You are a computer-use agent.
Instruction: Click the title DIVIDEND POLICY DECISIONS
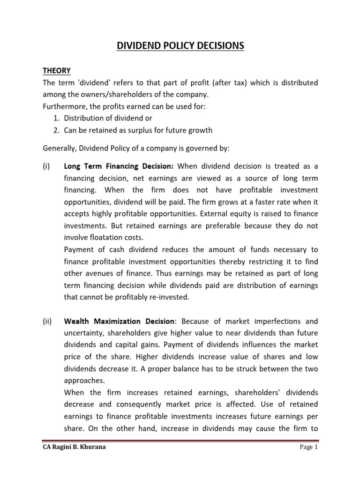(180, 46)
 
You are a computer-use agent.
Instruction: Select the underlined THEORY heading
(57, 71)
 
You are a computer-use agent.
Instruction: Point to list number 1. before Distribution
(58, 119)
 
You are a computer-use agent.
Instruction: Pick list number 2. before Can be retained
(58, 130)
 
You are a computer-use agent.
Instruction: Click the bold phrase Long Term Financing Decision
(119, 166)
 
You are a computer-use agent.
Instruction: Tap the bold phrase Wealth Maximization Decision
(119, 321)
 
